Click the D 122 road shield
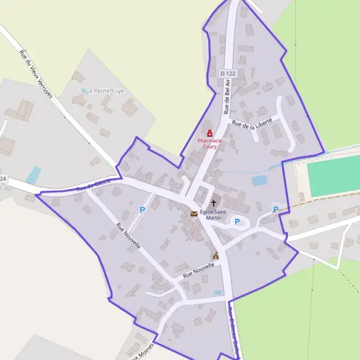point(227,73)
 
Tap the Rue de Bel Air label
point(227,97)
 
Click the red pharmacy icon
point(209,133)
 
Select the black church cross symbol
point(213,203)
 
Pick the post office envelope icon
point(194,214)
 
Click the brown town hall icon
point(215,256)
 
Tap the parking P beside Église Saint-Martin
point(237,222)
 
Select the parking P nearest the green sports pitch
point(275,209)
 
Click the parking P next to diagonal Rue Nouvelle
point(142,209)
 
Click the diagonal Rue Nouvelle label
point(128,236)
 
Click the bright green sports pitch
point(334,178)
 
